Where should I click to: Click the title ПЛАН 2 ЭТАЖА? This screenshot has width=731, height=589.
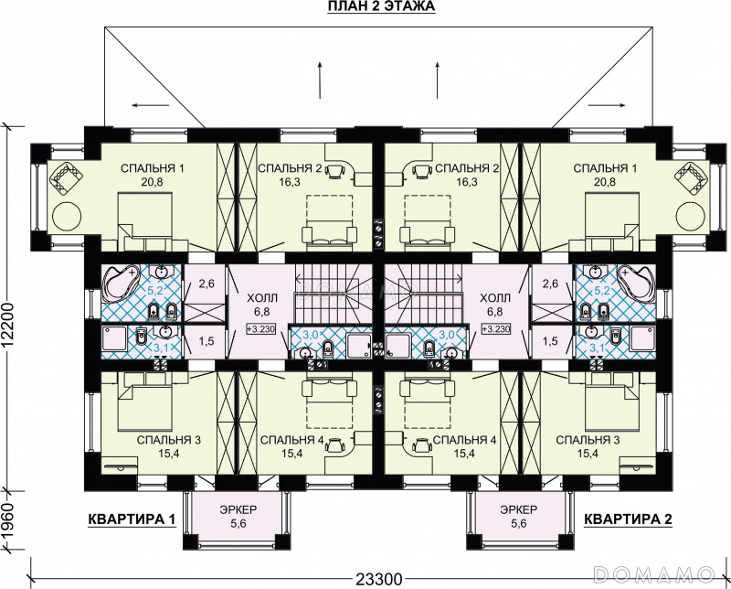(x=381, y=6)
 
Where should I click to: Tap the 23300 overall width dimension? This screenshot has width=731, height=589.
(x=379, y=580)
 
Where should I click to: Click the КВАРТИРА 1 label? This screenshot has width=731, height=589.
(x=132, y=519)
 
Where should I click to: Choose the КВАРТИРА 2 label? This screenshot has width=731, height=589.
(x=628, y=519)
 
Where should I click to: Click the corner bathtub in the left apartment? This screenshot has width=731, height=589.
(x=121, y=284)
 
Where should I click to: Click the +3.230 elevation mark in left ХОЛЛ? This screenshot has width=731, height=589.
(x=261, y=329)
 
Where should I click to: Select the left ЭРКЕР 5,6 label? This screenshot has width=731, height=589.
(x=238, y=517)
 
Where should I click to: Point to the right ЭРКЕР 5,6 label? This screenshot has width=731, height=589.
(x=518, y=517)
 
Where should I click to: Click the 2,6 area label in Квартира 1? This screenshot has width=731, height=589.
(x=207, y=284)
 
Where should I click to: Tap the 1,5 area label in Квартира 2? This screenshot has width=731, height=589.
(x=551, y=341)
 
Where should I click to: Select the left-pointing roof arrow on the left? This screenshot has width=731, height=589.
(x=150, y=105)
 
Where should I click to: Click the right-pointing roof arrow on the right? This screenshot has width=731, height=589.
(x=607, y=105)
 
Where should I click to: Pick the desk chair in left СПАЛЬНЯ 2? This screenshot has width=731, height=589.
(x=334, y=171)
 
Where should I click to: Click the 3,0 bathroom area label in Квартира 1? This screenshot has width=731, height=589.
(x=312, y=335)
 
